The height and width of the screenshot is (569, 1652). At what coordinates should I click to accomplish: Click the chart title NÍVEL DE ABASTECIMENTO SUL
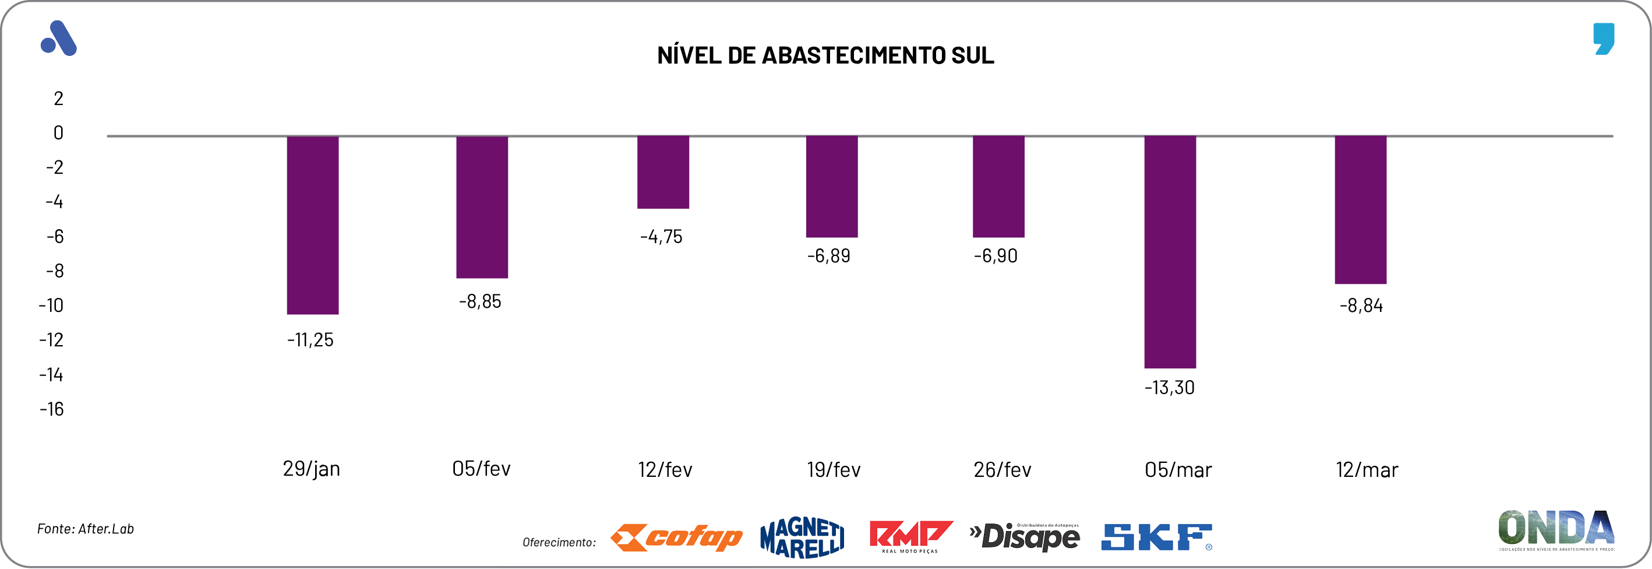(x=825, y=56)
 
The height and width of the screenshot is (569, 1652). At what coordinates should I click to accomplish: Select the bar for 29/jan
(x=312, y=224)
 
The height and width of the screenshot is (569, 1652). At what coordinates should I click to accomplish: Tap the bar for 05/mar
(x=1170, y=251)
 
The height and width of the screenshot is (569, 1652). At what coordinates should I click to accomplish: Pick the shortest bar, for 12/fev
(x=662, y=172)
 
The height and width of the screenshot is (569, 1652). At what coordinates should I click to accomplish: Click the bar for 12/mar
(x=1360, y=210)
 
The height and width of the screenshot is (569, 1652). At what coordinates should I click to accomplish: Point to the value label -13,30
(x=1169, y=388)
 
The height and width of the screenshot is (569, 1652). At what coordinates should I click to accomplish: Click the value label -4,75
(x=661, y=237)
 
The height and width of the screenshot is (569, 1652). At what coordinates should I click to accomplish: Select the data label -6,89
(x=828, y=256)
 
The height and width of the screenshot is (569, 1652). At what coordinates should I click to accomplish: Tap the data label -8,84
(x=1361, y=305)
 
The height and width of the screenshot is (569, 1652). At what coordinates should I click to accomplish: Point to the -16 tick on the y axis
(x=52, y=409)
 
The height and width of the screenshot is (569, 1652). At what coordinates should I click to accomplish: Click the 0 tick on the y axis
(x=58, y=133)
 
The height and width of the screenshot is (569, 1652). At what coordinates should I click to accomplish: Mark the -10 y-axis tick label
(x=51, y=305)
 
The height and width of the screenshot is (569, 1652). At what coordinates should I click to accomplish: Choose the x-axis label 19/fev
(x=833, y=469)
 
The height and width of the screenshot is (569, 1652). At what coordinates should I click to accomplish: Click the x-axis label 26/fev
(x=1002, y=469)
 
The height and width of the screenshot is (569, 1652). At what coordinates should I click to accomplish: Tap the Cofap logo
(x=676, y=538)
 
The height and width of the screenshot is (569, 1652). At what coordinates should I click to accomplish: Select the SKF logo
(x=1156, y=538)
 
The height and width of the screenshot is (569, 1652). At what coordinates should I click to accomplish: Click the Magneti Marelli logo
(x=802, y=538)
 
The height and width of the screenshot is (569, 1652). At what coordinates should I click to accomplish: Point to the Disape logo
(x=1025, y=537)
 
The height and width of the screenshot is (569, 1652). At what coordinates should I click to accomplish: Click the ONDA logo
(x=1556, y=530)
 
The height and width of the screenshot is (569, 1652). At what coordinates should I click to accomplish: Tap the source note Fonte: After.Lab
(x=85, y=529)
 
